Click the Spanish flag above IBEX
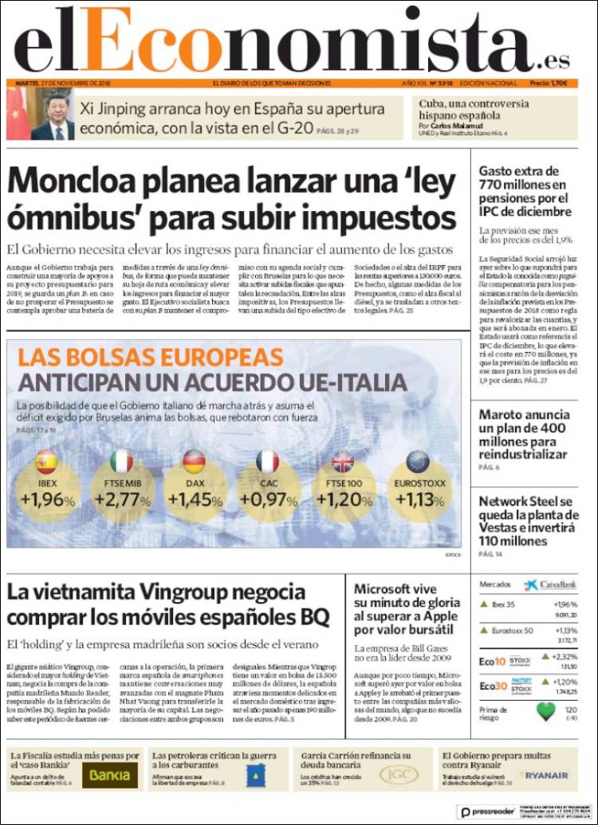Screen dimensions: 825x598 [x=47, y=462]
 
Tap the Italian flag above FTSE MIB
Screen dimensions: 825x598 [x=121, y=462]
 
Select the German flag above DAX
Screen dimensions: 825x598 [x=194, y=462]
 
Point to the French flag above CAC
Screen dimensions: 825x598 [x=268, y=462]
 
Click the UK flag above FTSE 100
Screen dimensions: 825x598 [x=343, y=462]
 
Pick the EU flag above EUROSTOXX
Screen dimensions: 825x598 [x=418, y=462]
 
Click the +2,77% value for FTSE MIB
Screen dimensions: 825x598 [x=122, y=500]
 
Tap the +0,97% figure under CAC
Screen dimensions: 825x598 [x=269, y=500]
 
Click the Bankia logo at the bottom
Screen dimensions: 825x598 [x=109, y=774]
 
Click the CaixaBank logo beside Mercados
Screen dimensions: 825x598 [x=551, y=585]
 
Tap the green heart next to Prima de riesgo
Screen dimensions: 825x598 [x=545, y=711]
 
